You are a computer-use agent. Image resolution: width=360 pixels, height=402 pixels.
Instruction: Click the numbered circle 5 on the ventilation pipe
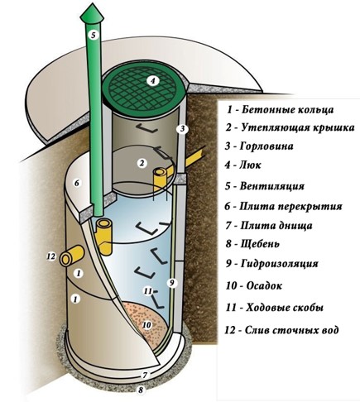pyautogui.click(x=94, y=35)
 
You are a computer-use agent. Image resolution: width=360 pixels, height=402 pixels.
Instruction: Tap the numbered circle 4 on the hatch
pyautogui.click(x=152, y=81)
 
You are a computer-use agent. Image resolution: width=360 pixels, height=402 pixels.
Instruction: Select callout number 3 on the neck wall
pyautogui.click(x=182, y=129)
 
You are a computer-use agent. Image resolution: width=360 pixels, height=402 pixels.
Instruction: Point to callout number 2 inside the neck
pyautogui.click(x=142, y=163)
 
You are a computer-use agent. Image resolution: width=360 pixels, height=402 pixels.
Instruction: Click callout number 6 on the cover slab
pyautogui.click(x=77, y=183)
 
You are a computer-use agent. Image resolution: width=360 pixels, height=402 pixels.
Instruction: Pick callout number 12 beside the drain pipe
pyautogui.click(x=51, y=256)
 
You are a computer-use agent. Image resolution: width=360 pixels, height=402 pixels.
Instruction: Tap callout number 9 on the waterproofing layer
pyautogui.click(x=171, y=282)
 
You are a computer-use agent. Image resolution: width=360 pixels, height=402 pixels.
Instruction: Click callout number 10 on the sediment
pyautogui.click(x=147, y=325)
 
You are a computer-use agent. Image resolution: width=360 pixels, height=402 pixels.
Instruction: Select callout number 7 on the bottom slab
pyautogui.click(x=146, y=375)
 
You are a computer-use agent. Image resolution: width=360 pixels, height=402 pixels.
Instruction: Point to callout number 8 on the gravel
pyautogui.click(x=141, y=390)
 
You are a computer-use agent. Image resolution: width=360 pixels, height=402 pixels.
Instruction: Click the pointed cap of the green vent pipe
pyautogui.click(x=92, y=16)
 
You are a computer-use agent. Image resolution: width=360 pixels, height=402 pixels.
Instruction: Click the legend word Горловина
pyautogui.click(x=266, y=146)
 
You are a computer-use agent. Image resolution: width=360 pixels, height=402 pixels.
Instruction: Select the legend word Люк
pyautogui.click(x=250, y=165)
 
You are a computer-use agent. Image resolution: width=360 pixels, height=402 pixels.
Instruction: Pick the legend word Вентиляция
pyautogui.click(x=272, y=186)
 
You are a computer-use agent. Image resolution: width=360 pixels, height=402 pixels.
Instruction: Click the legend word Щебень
pyautogui.click(x=260, y=244)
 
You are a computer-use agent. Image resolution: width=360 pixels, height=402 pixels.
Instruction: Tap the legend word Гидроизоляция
pyautogui.click(x=280, y=264)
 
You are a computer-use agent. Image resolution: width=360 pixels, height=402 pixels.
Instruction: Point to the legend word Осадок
pyautogui.click(x=264, y=285)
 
